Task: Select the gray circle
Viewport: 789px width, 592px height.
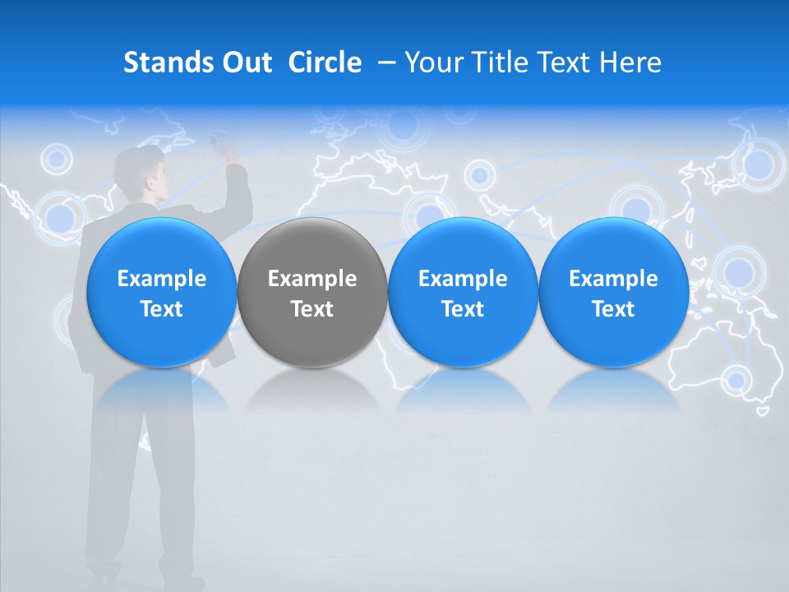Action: point(312,293)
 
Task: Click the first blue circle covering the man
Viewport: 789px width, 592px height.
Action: point(161,293)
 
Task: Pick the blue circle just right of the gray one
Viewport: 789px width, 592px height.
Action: point(463,293)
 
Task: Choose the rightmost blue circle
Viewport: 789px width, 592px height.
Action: point(614,293)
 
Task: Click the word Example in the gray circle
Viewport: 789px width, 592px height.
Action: point(312,279)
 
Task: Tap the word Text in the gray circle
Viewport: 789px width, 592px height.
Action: point(312,309)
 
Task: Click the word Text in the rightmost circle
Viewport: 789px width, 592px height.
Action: point(614,309)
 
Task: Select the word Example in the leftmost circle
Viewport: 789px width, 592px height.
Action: point(161,279)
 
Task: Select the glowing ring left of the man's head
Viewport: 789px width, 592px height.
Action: point(57,158)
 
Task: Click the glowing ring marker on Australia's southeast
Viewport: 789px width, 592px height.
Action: point(737,380)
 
